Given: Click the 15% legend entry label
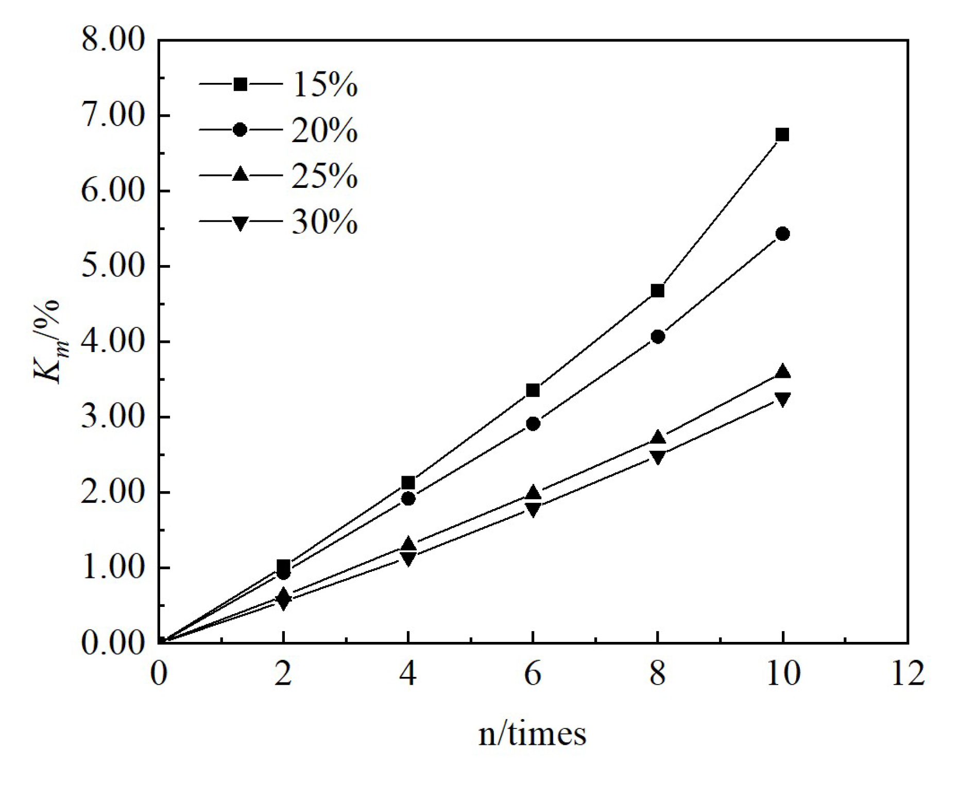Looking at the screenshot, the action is coord(324,84).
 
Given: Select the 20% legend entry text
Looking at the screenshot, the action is coord(324,130).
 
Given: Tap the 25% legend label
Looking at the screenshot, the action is coord(324,176).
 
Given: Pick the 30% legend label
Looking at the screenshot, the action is coord(324,222).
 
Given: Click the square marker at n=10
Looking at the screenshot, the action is coord(782,135).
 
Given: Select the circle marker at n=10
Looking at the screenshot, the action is coord(782,234).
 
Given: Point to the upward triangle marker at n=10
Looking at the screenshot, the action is coord(782,371).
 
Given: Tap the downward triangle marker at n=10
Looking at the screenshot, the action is coord(782,399).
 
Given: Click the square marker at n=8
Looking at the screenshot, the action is coord(658,291).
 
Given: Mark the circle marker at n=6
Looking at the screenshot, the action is coord(533,424).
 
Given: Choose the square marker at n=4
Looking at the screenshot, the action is coord(408,482).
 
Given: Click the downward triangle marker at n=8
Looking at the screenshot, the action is coord(658,457).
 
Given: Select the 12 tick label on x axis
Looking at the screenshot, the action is coord(907,673).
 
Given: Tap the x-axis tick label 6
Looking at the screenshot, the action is coord(533,673).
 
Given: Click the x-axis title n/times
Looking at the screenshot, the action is coord(532,734).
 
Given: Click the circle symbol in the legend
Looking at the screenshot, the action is coord(240,130).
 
